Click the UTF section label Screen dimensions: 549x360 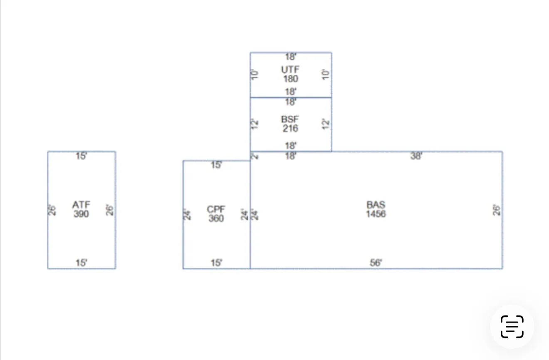tap(290, 70)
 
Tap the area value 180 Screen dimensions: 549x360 tap(291, 79)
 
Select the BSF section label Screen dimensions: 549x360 tap(290, 119)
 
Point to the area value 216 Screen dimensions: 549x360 tap(290, 129)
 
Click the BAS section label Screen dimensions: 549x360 tap(376, 205)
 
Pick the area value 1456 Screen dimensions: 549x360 tap(376, 214)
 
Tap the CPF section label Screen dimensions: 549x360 tap(216, 209)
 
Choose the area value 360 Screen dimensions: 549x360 tap(216, 218)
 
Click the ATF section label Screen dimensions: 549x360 tap(81, 205)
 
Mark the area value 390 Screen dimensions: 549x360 tap(81, 214)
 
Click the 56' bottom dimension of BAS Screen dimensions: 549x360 tap(376, 263)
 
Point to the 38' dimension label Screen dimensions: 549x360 tap(416, 156)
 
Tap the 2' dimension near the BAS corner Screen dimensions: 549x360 tap(255, 156)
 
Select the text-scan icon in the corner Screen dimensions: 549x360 tap(512, 327)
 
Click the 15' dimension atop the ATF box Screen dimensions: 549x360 tap(82, 156)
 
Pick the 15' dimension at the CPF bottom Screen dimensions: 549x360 tap(216, 263)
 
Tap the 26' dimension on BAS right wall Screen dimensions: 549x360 tap(497, 210)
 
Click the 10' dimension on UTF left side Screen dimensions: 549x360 tap(255, 74)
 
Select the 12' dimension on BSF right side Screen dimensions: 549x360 tap(326, 124)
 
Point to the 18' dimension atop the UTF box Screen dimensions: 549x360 tap(291, 57)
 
